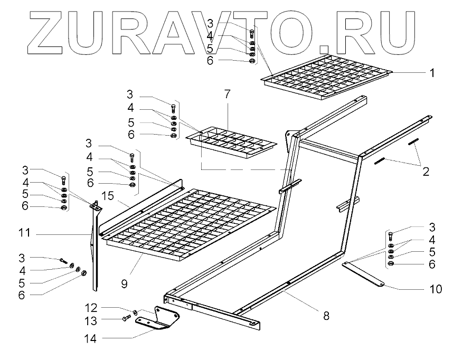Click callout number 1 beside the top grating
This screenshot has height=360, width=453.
pyautogui.click(x=432, y=73)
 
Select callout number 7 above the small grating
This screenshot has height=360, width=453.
pyautogui.click(x=227, y=95)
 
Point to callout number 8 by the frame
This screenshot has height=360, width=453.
pyautogui.click(x=326, y=316)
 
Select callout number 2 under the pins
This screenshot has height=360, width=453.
pyautogui.click(x=425, y=171)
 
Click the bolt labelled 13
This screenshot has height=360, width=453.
pyautogui.click(x=127, y=318)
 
